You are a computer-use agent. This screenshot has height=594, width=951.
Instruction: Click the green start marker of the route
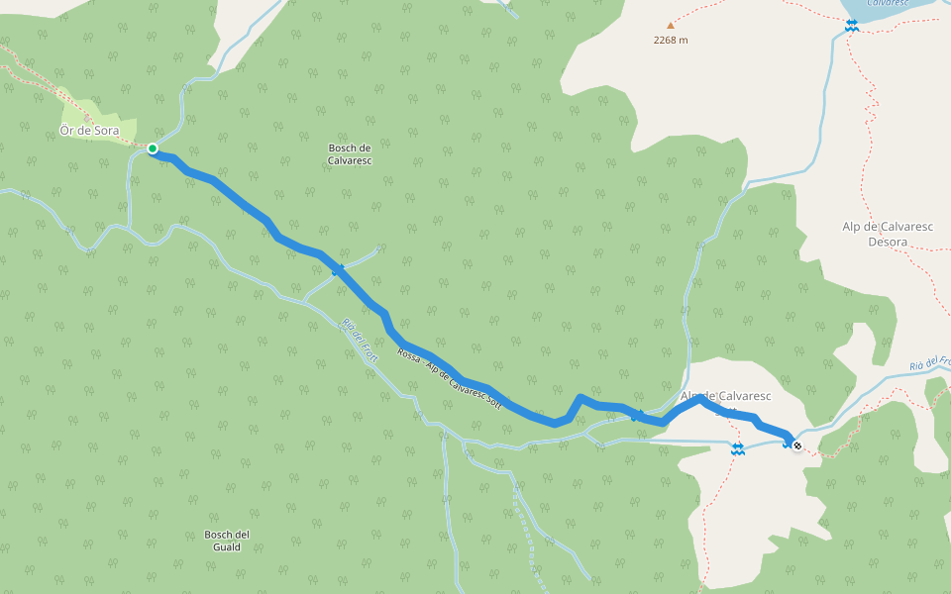(x=153, y=148)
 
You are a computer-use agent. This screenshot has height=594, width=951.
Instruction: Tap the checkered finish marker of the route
(x=797, y=445)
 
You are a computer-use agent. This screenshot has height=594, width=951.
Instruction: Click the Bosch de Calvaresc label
(x=349, y=153)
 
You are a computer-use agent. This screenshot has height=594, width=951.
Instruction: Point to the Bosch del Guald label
(x=227, y=540)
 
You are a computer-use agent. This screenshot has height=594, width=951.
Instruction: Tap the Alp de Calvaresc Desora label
(x=888, y=233)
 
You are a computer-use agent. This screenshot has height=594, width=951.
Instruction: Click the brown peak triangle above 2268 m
(x=670, y=26)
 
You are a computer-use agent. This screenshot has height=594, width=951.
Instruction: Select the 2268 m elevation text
(x=671, y=41)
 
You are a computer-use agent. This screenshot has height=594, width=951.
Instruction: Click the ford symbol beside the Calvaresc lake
(x=851, y=26)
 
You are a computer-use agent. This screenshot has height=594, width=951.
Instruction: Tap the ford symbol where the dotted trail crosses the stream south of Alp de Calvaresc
(x=738, y=449)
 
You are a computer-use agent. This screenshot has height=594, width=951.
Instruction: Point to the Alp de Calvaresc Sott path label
(x=451, y=380)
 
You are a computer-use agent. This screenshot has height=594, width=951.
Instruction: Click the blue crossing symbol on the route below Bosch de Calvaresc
(x=338, y=269)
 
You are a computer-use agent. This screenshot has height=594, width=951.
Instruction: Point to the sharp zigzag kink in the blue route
(x=579, y=399)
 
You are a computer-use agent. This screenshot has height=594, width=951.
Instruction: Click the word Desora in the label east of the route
(x=888, y=241)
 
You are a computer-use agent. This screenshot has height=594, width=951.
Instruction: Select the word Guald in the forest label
(x=227, y=546)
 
